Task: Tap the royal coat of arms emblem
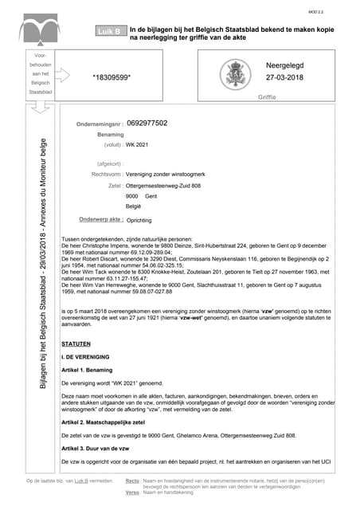[x=238, y=76]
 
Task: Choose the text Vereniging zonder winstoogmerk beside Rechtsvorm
[x=164, y=173]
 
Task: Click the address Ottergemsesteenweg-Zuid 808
[x=163, y=185]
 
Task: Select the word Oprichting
[x=139, y=220]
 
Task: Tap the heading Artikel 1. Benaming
[x=90, y=371]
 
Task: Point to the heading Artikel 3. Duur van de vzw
[x=96, y=449]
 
